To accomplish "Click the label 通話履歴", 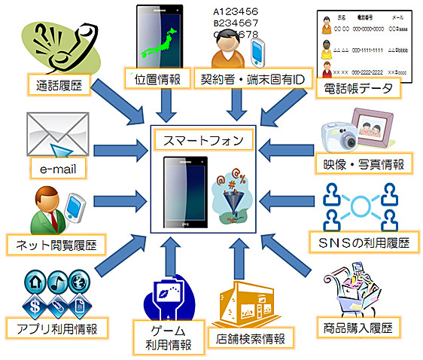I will (x=59, y=85).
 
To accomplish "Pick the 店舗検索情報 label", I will (x=251, y=338).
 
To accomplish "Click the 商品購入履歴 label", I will (x=356, y=328).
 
